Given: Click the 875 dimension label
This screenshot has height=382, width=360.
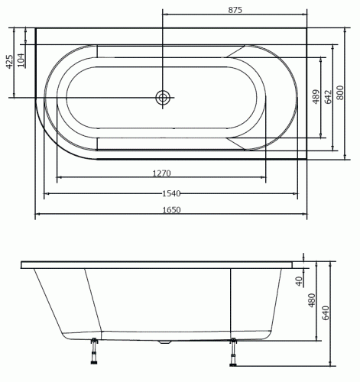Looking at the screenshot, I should (x=235, y=9).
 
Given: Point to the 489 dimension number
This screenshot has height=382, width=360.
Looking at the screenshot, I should (x=316, y=97).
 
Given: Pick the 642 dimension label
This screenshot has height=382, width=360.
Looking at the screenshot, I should (x=329, y=97).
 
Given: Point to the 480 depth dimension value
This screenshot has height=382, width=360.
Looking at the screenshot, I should (x=311, y=300).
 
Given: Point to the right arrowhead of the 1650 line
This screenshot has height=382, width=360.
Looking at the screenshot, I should (x=306, y=216).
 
